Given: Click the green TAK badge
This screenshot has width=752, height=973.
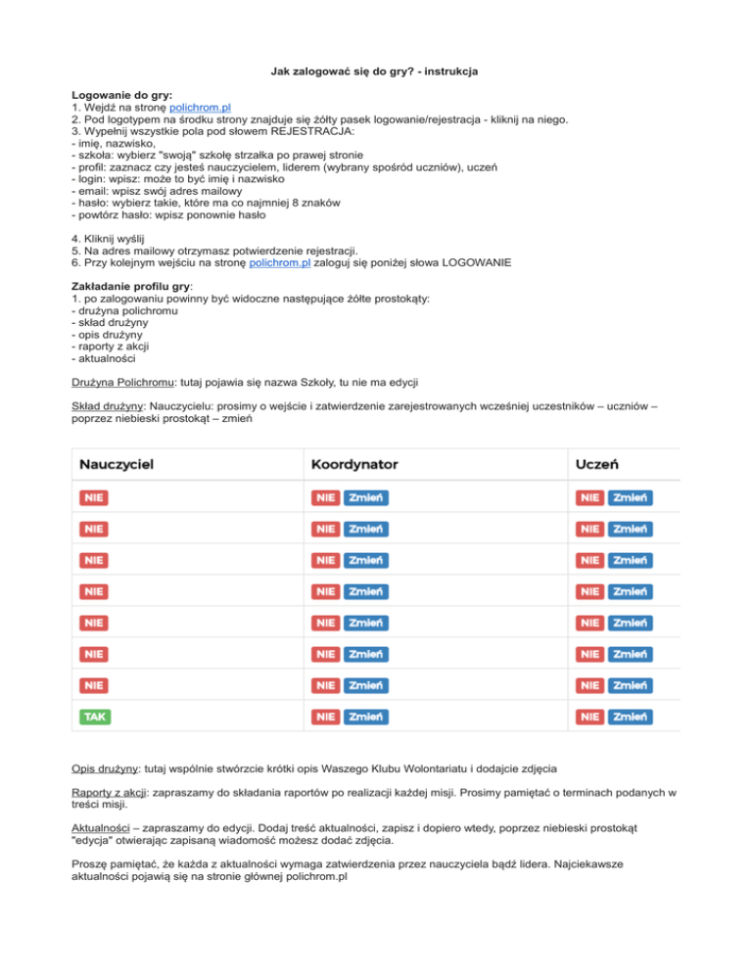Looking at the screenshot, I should coord(95,717).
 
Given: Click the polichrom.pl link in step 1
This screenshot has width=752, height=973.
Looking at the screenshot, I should coord(200,108).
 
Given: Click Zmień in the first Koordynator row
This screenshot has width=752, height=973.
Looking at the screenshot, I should coord(366,497).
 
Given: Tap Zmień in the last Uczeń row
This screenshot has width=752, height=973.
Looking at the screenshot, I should coord(630,717).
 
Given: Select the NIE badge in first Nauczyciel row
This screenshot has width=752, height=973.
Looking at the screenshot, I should coord(93,497).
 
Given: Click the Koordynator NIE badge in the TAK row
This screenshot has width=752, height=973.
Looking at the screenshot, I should coord(325,717).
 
